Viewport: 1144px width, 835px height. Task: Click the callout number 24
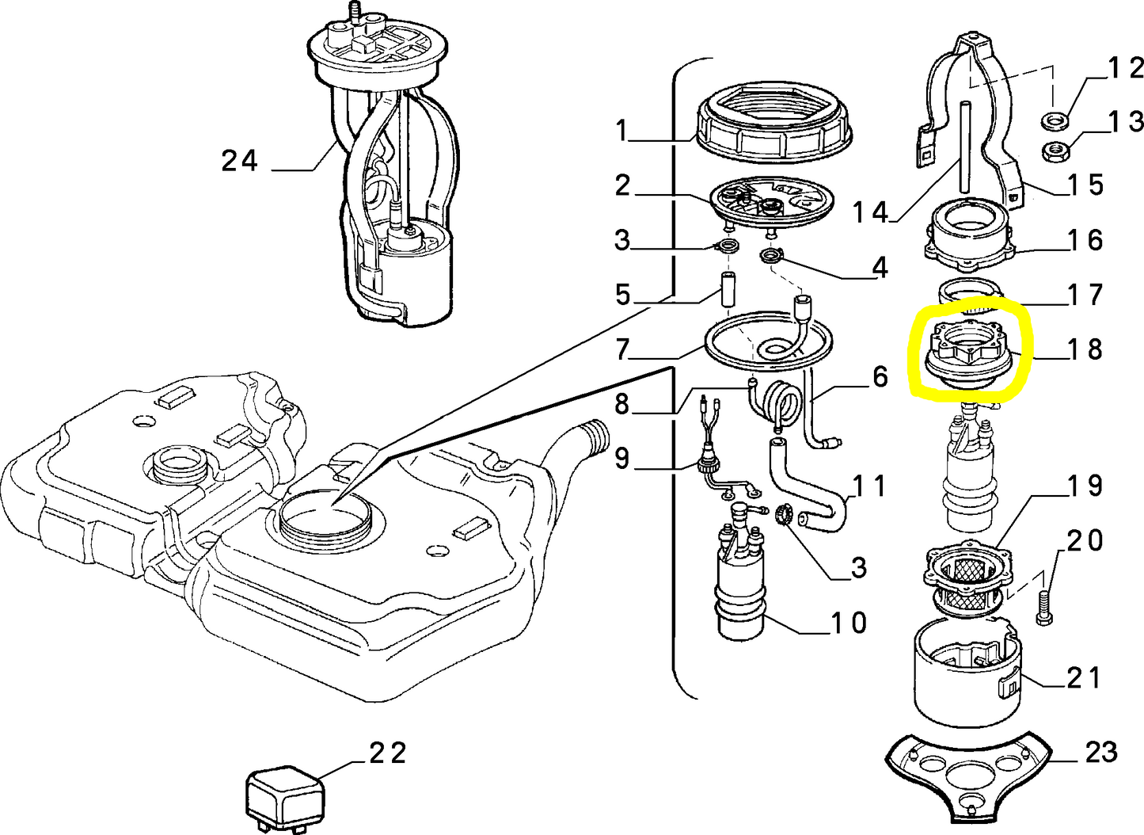(x=240, y=161)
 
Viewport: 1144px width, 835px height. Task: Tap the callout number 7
(x=622, y=350)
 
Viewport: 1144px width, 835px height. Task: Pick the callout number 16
(x=1085, y=240)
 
